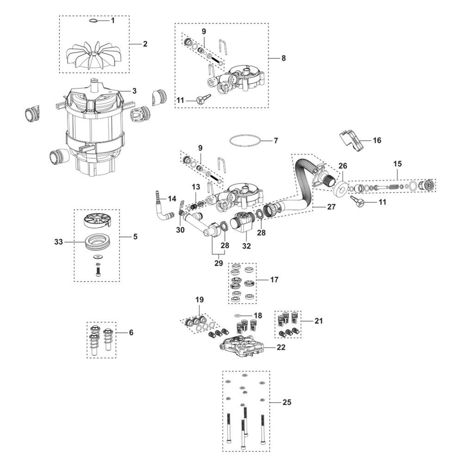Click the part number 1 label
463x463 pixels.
click(x=112, y=20)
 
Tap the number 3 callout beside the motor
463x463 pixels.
click(x=134, y=91)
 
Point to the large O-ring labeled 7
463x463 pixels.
click(x=244, y=141)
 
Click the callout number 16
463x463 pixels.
click(x=377, y=140)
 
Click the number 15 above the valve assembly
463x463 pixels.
click(x=397, y=164)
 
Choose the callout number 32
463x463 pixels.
click(x=246, y=246)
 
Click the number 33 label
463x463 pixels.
click(x=58, y=242)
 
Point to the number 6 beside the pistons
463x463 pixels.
click(x=131, y=332)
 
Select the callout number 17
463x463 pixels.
click(x=274, y=280)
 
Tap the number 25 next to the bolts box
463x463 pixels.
click(x=287, y=402)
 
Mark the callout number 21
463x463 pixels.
click(x=318, y=320)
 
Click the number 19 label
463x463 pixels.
click(x=199, y=300)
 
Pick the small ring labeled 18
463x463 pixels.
click(x=238, y=315)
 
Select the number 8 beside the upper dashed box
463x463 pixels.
click(x=283, y=58)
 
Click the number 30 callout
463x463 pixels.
click(x=181, y=230)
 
